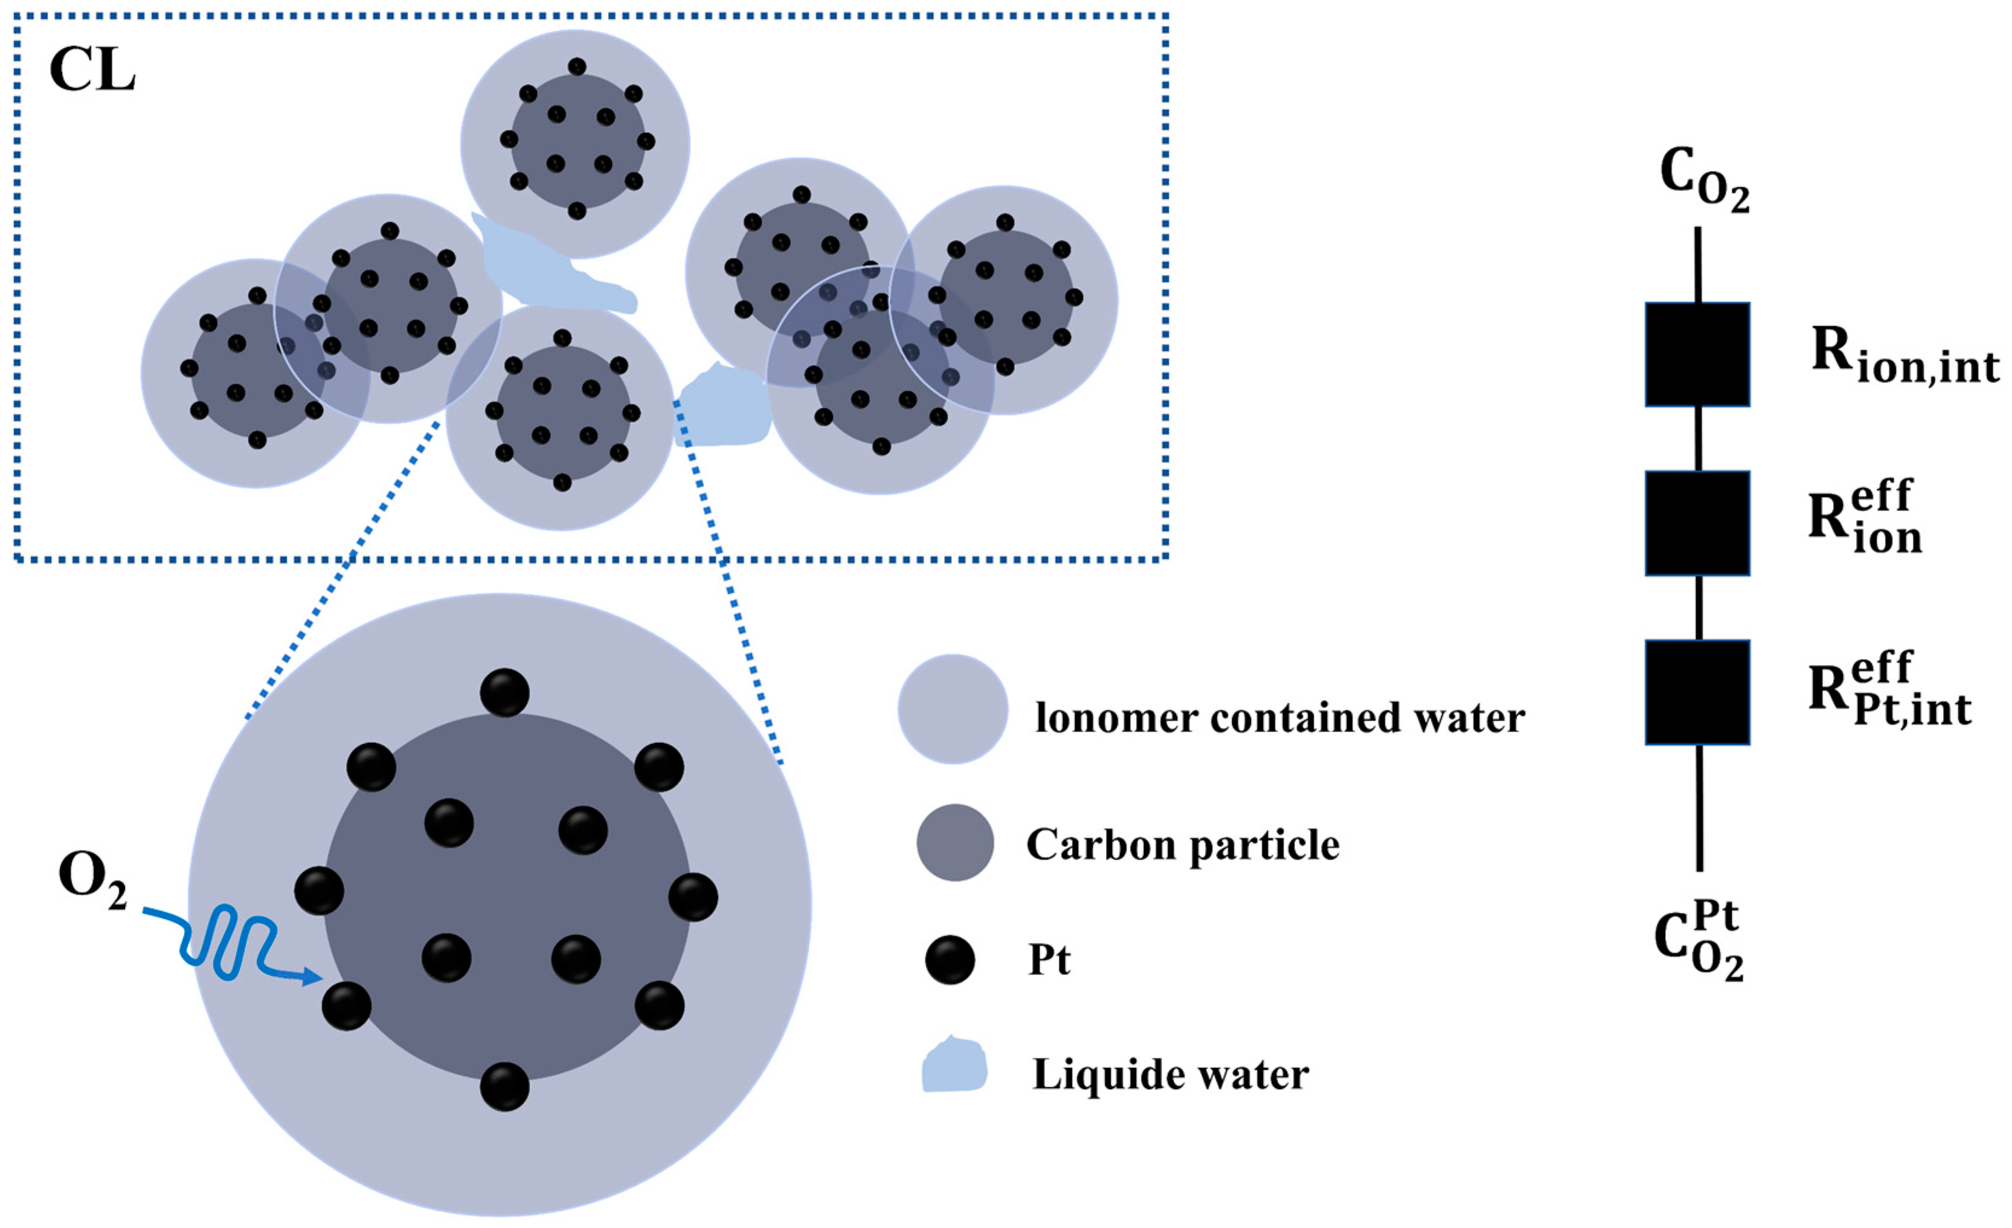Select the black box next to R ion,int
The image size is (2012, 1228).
click(1697, 355)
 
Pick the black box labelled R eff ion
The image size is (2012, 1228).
click(1697, 523)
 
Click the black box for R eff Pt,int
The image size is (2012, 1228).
click(1697, 692)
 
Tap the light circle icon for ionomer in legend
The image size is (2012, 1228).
click(953, 709)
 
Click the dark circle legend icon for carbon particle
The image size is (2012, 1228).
click(954, 843)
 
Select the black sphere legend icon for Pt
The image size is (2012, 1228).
click(950, 959)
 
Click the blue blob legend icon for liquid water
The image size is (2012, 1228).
click(954, 1065)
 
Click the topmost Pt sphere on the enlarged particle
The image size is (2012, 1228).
click(504, 692)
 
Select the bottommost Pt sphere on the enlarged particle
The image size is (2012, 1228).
click(504, 1087)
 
